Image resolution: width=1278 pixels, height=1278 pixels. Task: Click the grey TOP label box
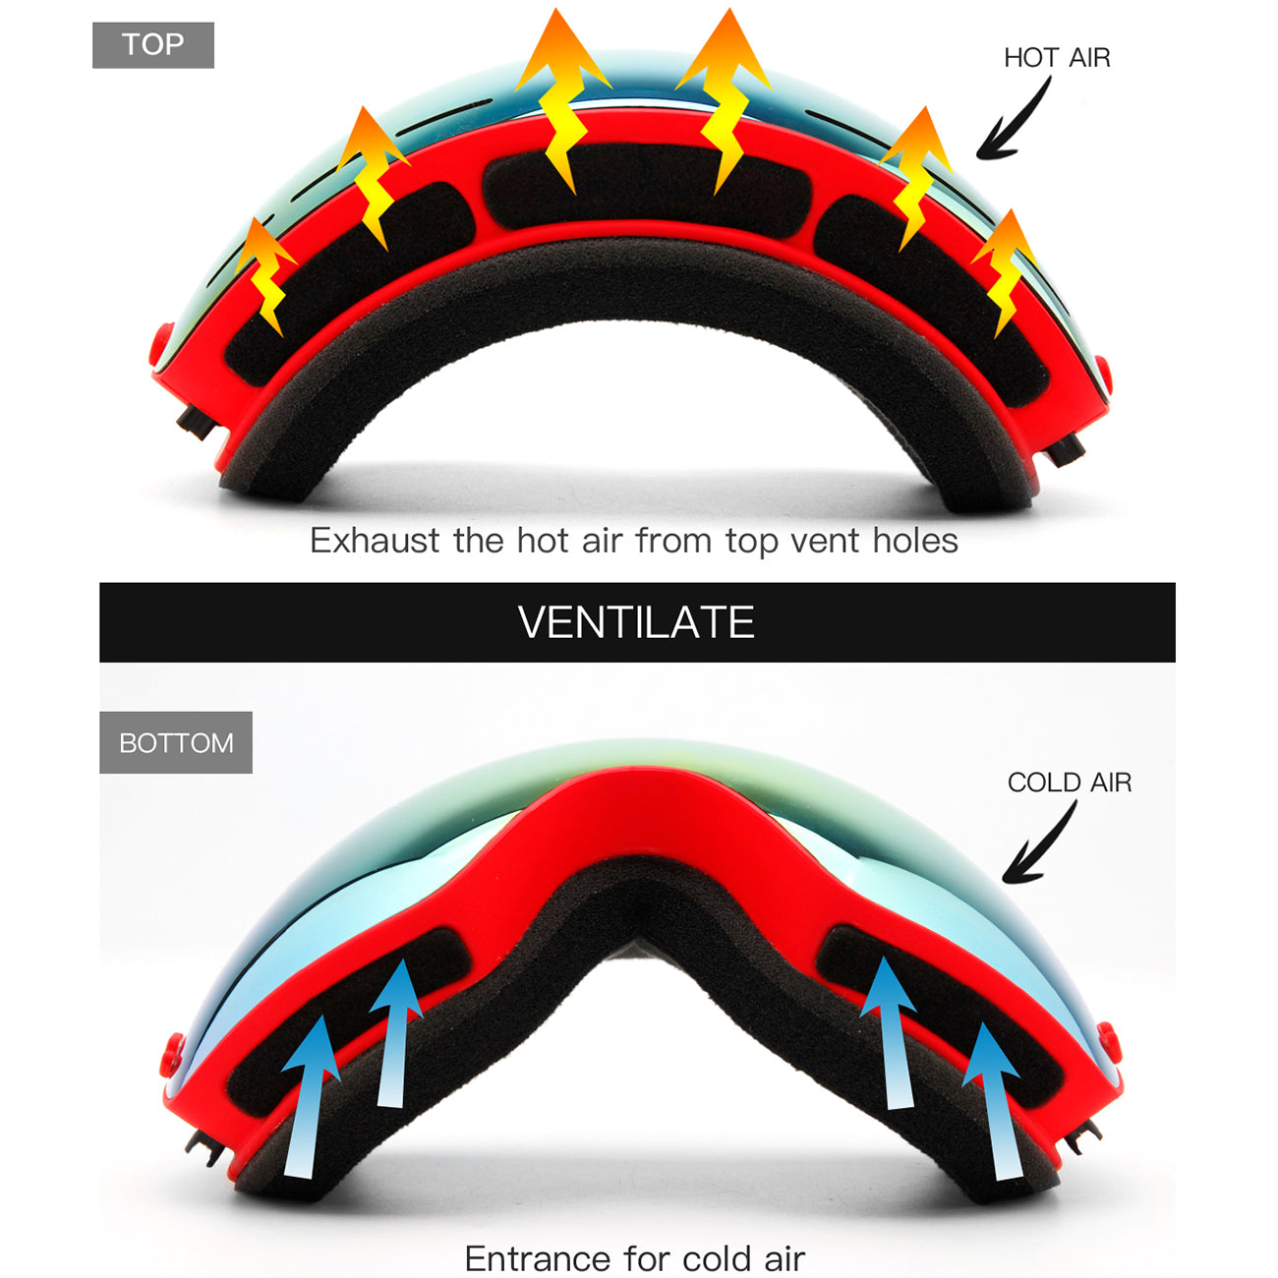tap(153, 45)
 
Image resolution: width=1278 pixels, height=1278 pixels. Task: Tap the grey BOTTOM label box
tap(176, 742)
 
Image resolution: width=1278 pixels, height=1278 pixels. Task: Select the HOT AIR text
tap(1057, 58)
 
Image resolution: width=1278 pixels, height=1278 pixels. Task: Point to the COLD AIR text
tap(1070, 783)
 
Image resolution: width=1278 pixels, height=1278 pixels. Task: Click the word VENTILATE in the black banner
tap(636, 622)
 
